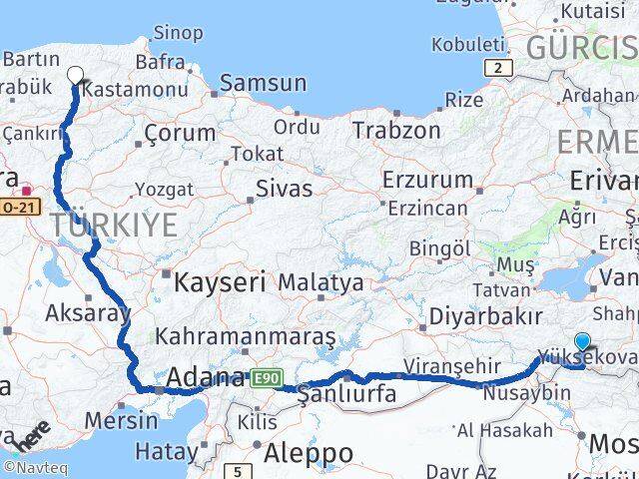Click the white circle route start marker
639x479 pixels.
(x=76, y=74)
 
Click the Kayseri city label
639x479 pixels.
(x=220, y=282)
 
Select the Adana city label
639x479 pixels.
(x=205, y=378)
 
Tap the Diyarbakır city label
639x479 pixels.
(x=486, y=317)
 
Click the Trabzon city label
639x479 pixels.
(x=396, y=130)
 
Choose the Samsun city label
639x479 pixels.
(x=263, y=83)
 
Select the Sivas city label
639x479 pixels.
(x=284, y=188)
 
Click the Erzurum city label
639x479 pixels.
(x=427, y=181)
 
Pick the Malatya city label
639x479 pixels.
(x=320, y=282)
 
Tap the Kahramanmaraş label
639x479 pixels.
(x=246, y=337)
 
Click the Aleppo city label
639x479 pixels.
(x=309, y=453)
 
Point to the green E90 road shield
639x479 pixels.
(x=268, y=377)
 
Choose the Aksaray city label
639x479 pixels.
(x=88, y=312)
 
